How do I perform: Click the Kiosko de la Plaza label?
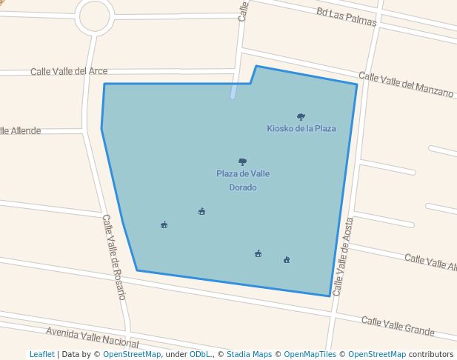coord(301,128)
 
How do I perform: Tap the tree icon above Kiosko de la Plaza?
coord(301,116)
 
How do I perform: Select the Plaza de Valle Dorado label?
coord(242,180)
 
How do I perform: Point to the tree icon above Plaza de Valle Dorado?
coord(242,161)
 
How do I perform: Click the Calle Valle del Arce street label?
coord(69,71)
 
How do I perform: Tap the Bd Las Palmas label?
coord(346,16)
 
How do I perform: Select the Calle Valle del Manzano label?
coord(405,84)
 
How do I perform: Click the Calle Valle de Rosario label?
coord(114,256)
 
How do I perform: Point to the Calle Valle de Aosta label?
coord(344,256)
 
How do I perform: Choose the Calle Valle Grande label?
coord(397,324)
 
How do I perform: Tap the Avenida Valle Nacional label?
coord(92,337)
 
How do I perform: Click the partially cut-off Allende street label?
coord(21,130)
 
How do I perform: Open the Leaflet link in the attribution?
coord(41,354)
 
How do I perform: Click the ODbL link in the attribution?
coord(199,354)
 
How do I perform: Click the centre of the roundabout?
coord(94,15)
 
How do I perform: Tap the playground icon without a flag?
coord(287,259)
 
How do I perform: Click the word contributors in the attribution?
coord(430,354)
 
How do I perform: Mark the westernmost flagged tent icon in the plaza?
coord(164,224)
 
